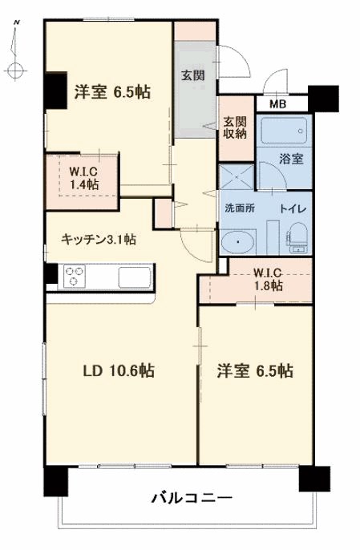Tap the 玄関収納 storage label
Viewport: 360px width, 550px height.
click(235, 127)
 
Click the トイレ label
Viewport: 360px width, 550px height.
click(290, 208)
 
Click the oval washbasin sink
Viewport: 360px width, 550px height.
click(237, 242)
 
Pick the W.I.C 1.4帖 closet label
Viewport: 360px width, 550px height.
click(83, 177)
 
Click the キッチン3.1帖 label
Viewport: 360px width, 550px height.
click(99, 239)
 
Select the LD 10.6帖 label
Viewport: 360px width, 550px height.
click(119, 370)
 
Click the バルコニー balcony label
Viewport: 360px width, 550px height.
click(192, 499)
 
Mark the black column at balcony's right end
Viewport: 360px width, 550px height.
click(313, 478)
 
